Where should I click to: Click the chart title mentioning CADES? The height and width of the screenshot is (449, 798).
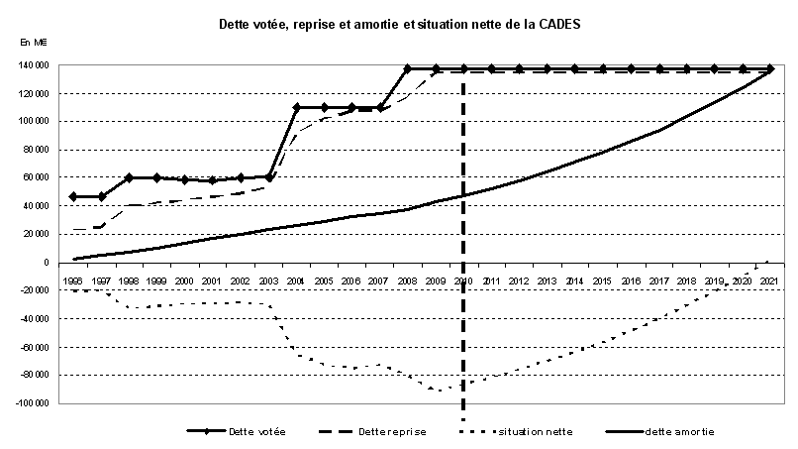coord(399,24)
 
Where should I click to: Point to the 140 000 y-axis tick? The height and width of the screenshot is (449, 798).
coord(37,65)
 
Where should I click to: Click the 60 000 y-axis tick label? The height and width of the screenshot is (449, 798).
coord(39,177)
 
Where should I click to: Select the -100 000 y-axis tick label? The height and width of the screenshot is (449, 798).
coord(35,403)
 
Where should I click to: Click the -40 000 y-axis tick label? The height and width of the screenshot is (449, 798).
coord(37,319)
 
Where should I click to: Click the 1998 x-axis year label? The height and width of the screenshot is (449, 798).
coord(129,282)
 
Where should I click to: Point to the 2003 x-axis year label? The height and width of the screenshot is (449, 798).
coord(269,282)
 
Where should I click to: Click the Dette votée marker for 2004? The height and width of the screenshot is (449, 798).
coord(297,107)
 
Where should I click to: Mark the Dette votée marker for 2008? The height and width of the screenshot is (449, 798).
coord(408,69)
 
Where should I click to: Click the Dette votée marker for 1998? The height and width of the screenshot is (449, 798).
coord(129,177)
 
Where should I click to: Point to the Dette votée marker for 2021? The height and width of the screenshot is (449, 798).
coord(770,69)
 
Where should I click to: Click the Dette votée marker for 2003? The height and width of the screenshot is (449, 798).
coord(269,176)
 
